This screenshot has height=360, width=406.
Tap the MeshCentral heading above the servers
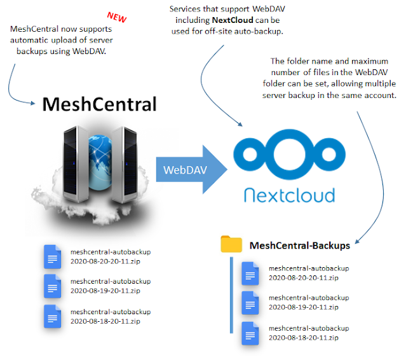(99, 104)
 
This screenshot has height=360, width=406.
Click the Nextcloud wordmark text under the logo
(286, 194)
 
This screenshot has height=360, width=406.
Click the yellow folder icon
(231, 244)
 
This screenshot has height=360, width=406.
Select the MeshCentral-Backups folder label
(300, 246)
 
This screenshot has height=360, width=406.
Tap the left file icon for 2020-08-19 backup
(53, 286)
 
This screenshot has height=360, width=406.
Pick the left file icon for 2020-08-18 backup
(53, 316)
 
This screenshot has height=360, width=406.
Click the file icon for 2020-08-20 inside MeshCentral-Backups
(252, 273)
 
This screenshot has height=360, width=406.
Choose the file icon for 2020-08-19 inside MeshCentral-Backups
(252, 303)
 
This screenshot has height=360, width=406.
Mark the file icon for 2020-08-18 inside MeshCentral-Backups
(252, 333)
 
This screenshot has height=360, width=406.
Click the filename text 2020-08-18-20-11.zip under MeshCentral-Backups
(304, 337)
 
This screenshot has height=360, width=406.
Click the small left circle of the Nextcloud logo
(249, 154)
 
